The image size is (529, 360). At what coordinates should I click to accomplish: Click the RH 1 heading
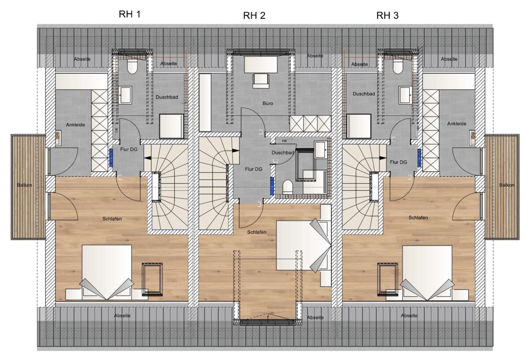click(x=130, y=14)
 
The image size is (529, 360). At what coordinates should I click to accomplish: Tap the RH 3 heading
click(x=387, y=15)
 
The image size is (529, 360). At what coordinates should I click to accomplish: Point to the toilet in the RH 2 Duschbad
click(x=287, y=187)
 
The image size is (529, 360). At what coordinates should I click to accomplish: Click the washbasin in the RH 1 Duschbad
click(x=125, y=95)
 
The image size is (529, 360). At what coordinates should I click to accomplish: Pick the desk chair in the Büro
click(x=261, y=81)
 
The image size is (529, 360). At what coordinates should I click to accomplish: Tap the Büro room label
click(x=268, y=104)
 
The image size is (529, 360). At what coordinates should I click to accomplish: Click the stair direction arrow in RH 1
click(x=148, y=158)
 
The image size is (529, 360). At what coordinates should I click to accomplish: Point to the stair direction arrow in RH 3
click(x=383, y=158)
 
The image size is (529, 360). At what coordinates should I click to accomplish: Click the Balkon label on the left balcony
click(x=24, y=185)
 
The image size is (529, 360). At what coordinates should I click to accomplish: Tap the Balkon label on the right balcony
click(x=507, y=185)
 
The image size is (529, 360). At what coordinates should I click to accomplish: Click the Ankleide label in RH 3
click(x=457, y=123)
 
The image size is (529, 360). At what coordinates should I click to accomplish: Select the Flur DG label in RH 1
click(x=129, y=149)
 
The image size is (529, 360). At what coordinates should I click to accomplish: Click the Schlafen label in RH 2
click(x=257, y=232)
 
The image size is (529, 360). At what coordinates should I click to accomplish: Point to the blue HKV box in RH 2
click(x=272, y=186)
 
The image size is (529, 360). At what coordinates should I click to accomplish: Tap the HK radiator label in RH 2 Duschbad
click(x=284, y=141)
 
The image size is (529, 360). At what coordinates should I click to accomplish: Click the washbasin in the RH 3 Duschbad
click(x=406, y=95)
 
